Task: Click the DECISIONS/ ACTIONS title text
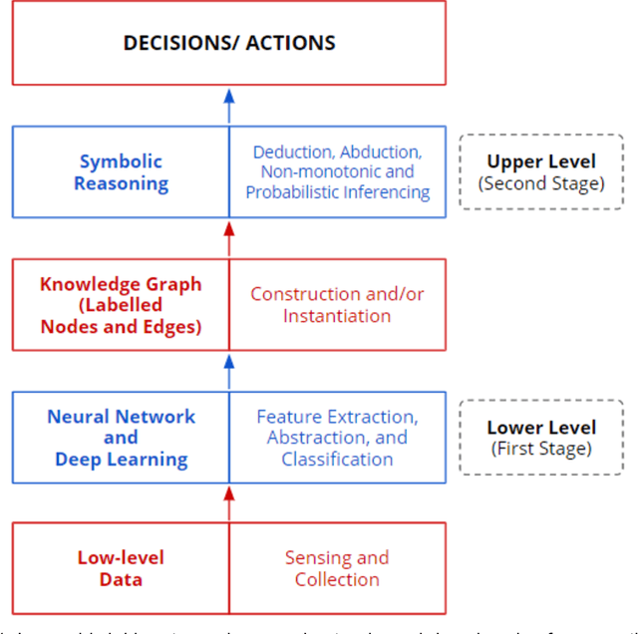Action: [x=228, y=43]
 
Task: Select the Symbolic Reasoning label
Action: [x=121, y=171]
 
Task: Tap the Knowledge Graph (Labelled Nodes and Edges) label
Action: [x=121, y=304]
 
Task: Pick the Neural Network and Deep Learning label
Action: [x=121, y=438]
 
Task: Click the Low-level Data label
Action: [x=121, y=568]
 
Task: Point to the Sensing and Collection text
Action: [x=337, y=568]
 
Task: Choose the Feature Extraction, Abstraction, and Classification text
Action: [x=337, y=438]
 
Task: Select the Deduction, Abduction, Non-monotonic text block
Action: [x=337, y=171]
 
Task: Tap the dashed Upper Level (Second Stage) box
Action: [x=541, y=171]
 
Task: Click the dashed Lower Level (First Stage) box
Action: [x=541, y=438]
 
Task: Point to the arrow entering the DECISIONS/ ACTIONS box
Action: [x=229, y=106]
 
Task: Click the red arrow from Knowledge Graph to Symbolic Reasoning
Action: [x=229, y=238]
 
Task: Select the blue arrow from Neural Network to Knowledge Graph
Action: [x=229, y=371]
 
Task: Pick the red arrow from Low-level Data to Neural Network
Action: [x=229, y=502]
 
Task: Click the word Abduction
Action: [x=381, y=153]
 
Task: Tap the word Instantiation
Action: [x=337, y=316]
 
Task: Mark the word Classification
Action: [x=337, y=460]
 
